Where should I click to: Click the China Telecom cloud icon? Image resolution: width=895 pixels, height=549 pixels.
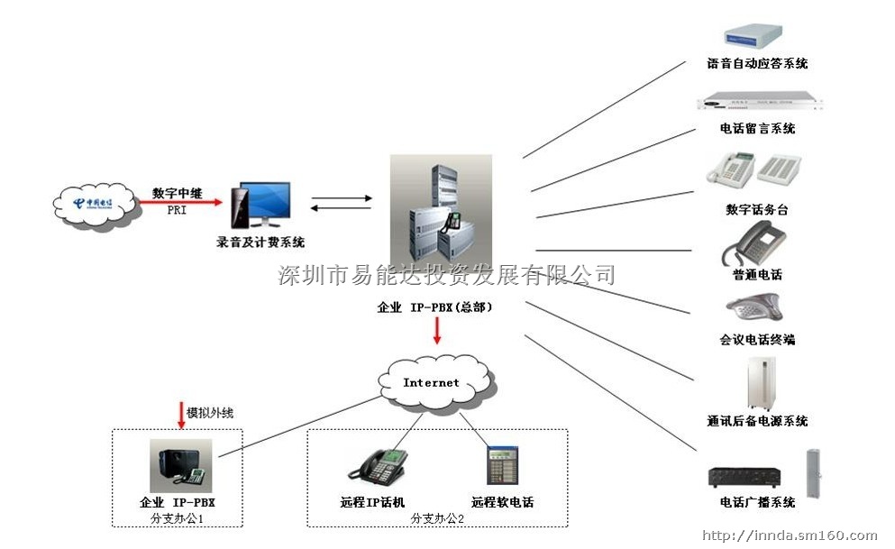[96, 204]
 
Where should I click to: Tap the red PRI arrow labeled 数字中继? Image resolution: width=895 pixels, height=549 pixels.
[180, 202]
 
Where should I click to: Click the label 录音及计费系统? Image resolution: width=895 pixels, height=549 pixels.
[260, 242]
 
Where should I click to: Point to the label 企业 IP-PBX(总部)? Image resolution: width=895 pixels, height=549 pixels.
[434, 307]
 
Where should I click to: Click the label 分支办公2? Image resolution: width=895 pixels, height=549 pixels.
[437, 518]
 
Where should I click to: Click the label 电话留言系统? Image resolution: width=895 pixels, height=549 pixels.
[757, 129]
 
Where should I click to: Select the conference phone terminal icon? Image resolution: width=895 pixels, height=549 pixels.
[753, 308]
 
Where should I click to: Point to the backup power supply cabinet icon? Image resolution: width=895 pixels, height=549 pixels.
[758, 382]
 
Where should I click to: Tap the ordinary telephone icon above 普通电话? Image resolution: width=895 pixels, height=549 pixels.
[756, 242]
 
